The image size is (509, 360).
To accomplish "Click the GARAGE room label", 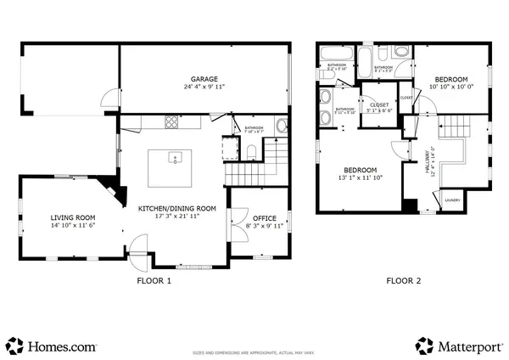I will click(203, 79).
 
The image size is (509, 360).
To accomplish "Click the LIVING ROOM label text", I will click(72, 217).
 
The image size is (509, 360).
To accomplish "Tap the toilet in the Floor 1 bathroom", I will click(252, 152).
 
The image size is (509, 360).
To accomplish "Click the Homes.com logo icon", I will click(14, 345).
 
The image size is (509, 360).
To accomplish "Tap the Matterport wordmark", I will click(471, 346).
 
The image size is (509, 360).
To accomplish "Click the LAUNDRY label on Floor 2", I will click(452, 200).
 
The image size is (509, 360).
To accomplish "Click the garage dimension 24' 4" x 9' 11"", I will click(203, 87).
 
